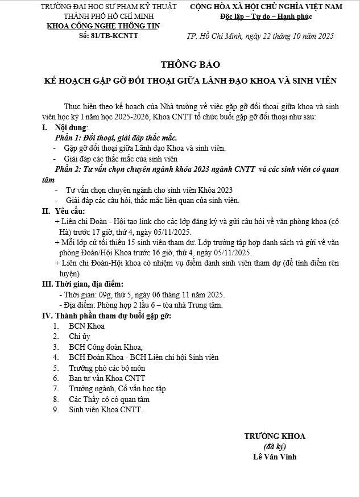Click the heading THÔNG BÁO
coord(190,64)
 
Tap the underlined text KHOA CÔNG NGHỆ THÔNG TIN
coord(103,26)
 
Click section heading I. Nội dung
coord(64,129)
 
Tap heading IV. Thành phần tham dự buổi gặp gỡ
coord(106,316)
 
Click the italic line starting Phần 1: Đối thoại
coord(116,138)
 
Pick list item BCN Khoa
coord(86,326)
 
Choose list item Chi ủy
coord(80,337)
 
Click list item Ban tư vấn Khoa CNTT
coord(107,378)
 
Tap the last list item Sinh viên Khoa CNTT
coord(106,409)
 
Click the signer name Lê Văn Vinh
coord(275,457)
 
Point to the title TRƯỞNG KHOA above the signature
coord(275,436)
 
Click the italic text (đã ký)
coord(275,446)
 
